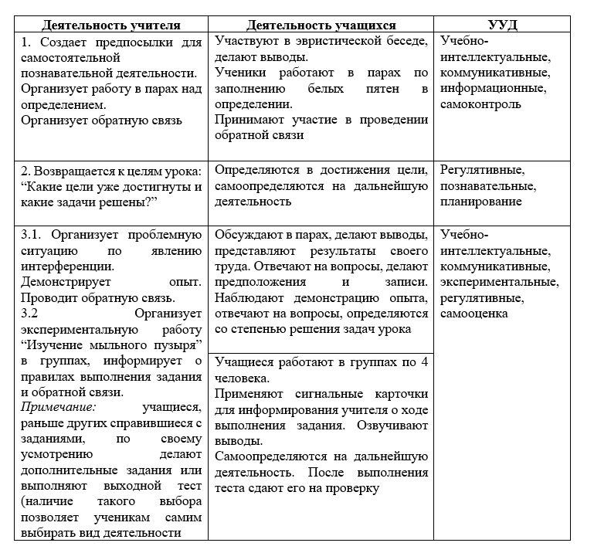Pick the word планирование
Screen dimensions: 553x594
[x=480, y=202]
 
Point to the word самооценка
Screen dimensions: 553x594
[x=474, y=314]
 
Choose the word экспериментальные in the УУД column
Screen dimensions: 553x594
[x=494, y=282]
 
